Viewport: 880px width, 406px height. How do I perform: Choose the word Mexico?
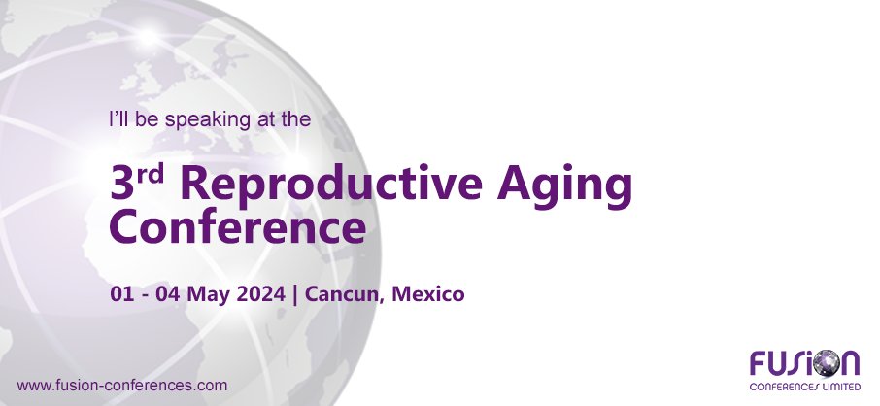tap(428, 292)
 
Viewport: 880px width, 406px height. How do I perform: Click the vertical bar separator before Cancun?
tap(295, 292)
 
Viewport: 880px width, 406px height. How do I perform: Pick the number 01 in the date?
tap(121, 292)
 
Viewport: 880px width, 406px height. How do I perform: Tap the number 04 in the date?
tap(167, 292)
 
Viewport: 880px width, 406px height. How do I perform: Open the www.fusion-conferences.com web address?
tap(123, 385)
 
